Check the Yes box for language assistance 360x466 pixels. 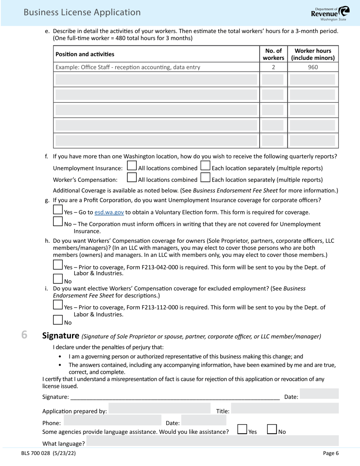point(243,429)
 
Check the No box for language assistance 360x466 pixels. point(272,429)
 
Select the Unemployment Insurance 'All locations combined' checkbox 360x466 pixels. point(132,166)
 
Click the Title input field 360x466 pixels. point(285,408)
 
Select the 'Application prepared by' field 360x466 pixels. point(159,408)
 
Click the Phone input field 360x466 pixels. point(113,421)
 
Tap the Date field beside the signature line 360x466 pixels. point(319,394)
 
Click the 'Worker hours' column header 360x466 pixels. point(313,54)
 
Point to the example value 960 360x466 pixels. point(313,67)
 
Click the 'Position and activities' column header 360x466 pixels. point(85,54)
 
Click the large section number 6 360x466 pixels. point(24,335)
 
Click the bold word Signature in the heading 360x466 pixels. point(61,335)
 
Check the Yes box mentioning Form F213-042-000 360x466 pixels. point(58,264)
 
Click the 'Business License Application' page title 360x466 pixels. point(82,12)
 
